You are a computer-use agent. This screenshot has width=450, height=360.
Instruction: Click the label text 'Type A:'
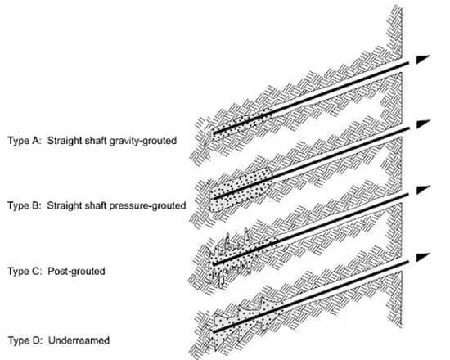pos(25,141)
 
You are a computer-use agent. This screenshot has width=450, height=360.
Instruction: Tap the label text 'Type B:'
pos(25,205)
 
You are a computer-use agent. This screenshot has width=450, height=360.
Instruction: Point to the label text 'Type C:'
pos(25,271)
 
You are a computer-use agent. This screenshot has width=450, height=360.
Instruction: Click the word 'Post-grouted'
pos(76,272)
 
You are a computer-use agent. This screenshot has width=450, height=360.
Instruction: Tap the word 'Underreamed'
pos(79,340)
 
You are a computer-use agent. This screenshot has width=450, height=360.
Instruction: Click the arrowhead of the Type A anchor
pos(422,59)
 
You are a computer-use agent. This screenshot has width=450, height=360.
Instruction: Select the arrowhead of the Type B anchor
pos(422,124)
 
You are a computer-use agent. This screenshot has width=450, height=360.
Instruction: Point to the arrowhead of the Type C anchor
pos(422,190)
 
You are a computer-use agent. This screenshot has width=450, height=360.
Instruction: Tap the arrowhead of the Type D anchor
pos(422,257)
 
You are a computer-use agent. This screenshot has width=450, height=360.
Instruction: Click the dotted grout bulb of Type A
pos(241,124)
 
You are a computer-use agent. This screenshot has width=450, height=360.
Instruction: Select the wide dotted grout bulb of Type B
pos(240,190)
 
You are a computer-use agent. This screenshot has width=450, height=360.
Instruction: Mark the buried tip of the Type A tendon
pos(214,133)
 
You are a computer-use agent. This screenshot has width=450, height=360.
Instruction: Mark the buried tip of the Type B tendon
pos(214,198)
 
